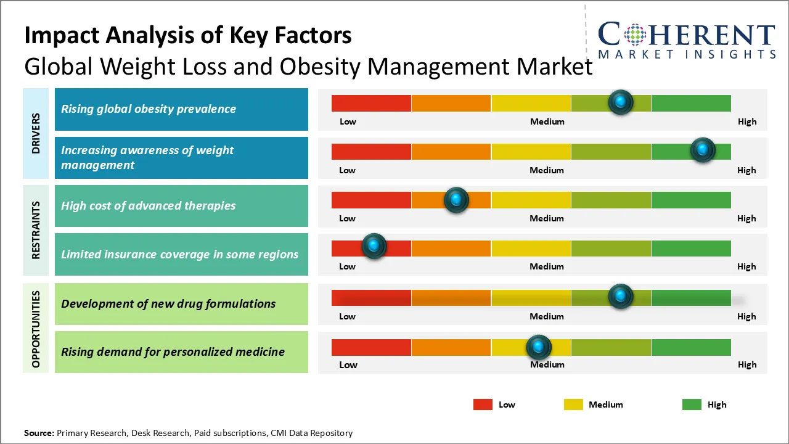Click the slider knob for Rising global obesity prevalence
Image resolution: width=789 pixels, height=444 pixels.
(620, 102)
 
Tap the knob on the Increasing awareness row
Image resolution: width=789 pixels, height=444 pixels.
(702, 150)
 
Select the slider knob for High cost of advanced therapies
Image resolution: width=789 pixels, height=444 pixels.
(456, 200)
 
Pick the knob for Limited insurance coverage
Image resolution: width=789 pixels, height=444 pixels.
(374, 246)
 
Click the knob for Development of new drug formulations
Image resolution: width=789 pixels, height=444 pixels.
(620, 297)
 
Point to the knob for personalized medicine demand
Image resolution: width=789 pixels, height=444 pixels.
(539, 347)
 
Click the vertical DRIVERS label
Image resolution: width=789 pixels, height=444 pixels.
(36, 133)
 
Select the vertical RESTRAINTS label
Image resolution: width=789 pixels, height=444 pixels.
(36, 230)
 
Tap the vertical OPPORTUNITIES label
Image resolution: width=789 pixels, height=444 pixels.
(36, 329)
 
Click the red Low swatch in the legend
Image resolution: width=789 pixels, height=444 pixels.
(483, 405)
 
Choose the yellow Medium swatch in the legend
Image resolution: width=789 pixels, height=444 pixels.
(573, 405)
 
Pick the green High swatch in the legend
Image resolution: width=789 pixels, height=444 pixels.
(692, 405)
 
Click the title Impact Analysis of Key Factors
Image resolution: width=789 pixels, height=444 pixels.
(188, 36)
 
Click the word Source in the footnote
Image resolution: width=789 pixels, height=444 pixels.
(39, 433)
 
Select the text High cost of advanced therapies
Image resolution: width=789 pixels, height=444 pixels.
(148, 206)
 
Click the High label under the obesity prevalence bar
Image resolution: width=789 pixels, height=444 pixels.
(746, 121)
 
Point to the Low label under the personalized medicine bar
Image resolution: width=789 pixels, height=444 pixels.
(348, 364)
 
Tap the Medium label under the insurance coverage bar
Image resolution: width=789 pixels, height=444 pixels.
(547, 266)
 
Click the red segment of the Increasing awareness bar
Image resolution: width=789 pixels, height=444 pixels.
(371, 152)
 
